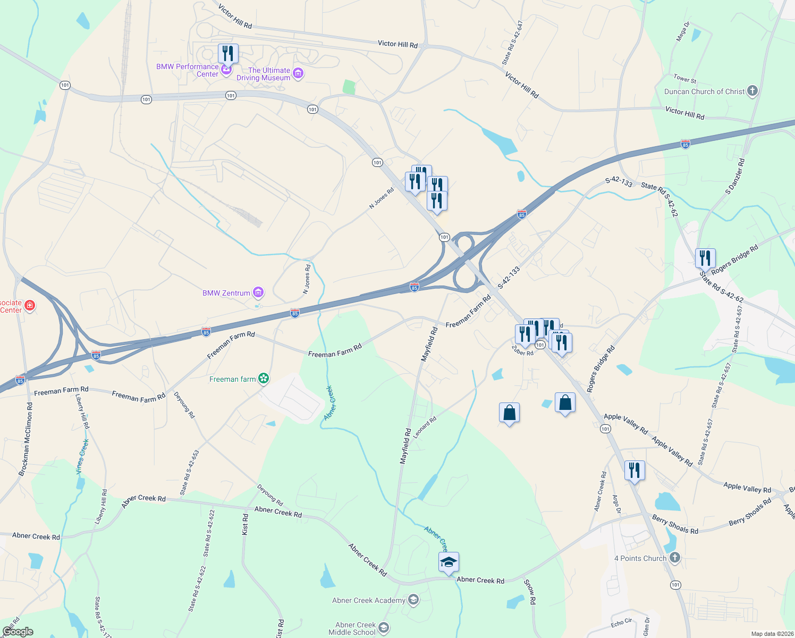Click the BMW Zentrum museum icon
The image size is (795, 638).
pos(258,292)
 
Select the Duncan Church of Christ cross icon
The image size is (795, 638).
pos(752,91)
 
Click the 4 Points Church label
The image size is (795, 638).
pos(640,558)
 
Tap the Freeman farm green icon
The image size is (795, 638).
pos(264,379)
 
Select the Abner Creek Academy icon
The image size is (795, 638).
pos(413,600)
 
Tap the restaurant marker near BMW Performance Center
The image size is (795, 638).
pos(227,54)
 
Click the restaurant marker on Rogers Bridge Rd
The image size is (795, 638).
pos(705,258)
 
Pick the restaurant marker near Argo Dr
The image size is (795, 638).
pos(635,471)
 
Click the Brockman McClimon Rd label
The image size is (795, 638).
pos(26,439)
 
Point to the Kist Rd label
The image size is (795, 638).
pos(245,524)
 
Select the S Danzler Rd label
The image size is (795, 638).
pos(735,176)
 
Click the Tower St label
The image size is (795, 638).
pos(684,79)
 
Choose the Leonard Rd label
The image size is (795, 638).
pos(425,427)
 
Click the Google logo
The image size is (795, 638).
pos(18,632)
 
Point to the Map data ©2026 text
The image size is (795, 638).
pos(771,634)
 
